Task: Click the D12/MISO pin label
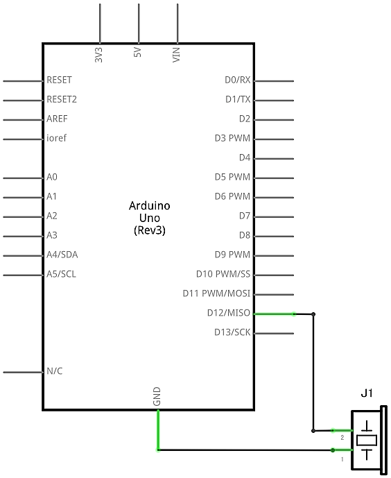click(x=228, y=313)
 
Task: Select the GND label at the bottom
click(x=157, y=397)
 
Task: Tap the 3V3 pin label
click(x=98, y=55)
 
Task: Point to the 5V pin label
click(x=138, y=52)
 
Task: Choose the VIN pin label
click(x=176, y=55)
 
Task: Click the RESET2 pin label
click(x=62, y=99)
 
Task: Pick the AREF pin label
click(x=57, y=119)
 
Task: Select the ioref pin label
click(x=56, y=138)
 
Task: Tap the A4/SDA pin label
click(x=62, y=255)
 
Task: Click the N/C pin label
click(x=55, y=371)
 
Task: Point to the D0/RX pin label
click(x=238, y=80)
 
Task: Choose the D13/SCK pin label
click(x=232, y=332)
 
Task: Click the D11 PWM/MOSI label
click(x=216, y=293)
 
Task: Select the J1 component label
click(x=367, y=393)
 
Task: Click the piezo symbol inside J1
click(x=367, y=441)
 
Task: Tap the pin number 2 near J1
click(x=342, y=438)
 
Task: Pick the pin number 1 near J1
click(x=342, y=459)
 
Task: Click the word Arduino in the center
click(x=150, y=206)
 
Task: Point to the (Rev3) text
click(x=150, y=230)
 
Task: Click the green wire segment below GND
click(x=158, y=430)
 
